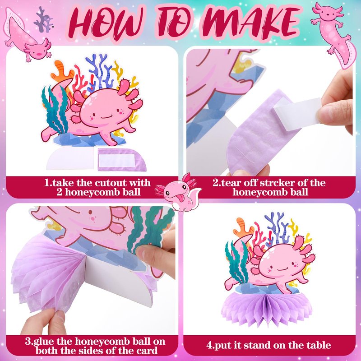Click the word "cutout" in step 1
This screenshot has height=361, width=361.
[111, 183]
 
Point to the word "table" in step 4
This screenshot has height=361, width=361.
[319, 345]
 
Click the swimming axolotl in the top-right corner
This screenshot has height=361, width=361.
[332, 32]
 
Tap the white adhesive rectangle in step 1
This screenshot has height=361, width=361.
[116, 161]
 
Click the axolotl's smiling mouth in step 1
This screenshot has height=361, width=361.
[106, 117]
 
